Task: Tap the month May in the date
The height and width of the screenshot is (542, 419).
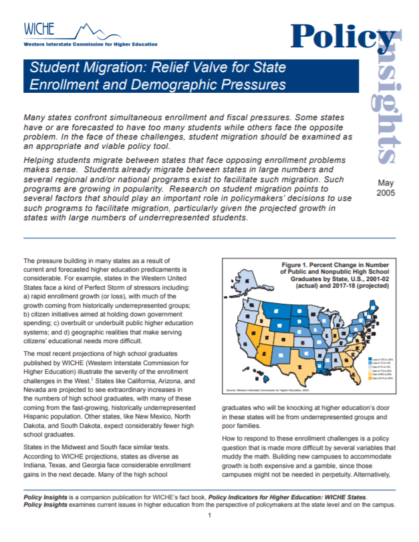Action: pos(386,182)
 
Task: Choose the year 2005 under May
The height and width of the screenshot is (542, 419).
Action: pos(386,193)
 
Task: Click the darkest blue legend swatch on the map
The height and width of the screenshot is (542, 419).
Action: pos(372,358)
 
